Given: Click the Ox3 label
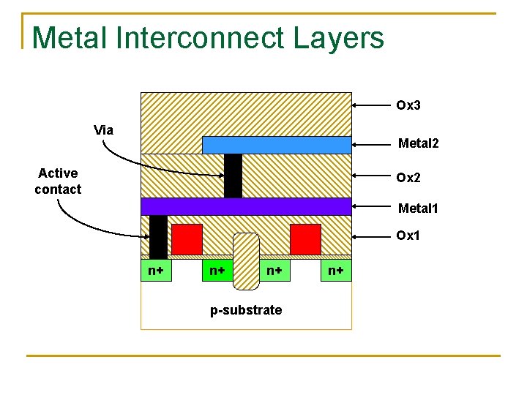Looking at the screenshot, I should [x=408, y=105].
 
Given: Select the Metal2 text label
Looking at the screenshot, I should [x=418, y=143].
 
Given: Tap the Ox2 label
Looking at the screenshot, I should [x=408, y=177].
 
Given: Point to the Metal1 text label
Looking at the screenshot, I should [x=418, y=208].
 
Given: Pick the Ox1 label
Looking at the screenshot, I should [x=408, y=236].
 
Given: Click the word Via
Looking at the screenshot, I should [x=104, y=130].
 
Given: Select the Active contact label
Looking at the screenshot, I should [x=58, y=181].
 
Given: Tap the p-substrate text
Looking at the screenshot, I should [x=246, y=310].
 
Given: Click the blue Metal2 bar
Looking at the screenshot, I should [x=276, y=145].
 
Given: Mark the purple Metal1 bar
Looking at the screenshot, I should [x=246, y=206].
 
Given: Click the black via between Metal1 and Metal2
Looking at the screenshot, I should [x=233, y=176].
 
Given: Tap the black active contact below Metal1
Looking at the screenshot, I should [x=158, y=237].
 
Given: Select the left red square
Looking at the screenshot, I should [x=187, y=239].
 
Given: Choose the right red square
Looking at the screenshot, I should [x=305, y=239].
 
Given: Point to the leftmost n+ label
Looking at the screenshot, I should [x=155, y=271].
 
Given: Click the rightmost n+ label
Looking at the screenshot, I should [x=336, y=271].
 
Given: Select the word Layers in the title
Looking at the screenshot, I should [x=340, y=38].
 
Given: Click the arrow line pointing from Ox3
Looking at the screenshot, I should [x=371, y=106].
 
